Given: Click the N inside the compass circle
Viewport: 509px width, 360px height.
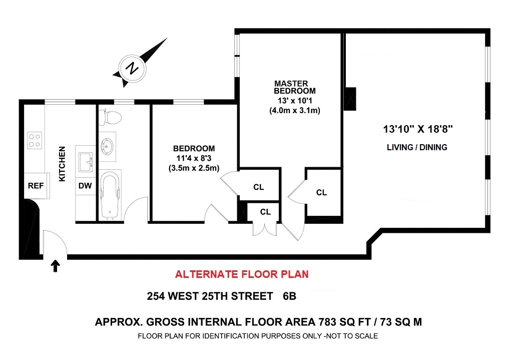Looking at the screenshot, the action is coord(132,68).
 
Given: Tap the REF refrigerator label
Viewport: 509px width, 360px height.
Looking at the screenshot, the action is coord(36,186).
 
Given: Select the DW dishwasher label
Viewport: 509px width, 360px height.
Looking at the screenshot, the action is coord(85,186).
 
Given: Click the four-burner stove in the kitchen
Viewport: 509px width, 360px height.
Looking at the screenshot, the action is coord(35,140).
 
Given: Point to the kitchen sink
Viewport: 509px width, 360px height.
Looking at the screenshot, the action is coord(86,162).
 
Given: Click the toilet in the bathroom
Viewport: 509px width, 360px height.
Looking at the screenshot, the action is coord(110,117).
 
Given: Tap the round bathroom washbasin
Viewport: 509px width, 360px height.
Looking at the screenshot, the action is coord(107,146).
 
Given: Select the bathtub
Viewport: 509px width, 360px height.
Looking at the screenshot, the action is coord(110,195).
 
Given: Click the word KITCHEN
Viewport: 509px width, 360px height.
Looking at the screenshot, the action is coord(62,164).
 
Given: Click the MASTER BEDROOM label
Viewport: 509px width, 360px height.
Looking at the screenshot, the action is coord(294,87).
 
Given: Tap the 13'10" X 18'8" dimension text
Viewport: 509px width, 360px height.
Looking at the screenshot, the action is coord(418,129).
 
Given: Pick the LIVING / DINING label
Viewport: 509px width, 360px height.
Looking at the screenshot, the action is coord(417,147).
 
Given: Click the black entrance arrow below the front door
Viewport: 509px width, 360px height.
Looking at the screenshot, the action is coord(56,265).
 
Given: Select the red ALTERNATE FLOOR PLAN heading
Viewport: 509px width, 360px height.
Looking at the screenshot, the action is coord(242,274).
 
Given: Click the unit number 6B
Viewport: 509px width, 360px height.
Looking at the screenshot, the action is coord(290,296).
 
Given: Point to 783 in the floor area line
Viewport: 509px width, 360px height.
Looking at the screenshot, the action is coord(327,322).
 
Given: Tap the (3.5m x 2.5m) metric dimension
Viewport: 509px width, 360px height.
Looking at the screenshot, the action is coord(194,168).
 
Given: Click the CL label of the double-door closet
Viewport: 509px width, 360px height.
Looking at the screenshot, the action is coord(265,212).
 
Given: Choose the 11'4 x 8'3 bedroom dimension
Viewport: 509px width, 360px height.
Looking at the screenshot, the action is coord(194,158).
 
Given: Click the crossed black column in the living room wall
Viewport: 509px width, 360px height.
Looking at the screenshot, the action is coord(350,99).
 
